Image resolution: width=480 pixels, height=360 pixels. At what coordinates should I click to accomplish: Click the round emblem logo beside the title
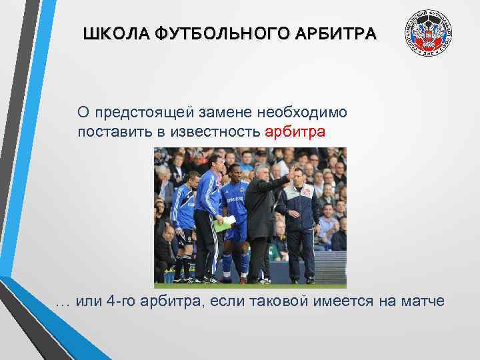(427, 33)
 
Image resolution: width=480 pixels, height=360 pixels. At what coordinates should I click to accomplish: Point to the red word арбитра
(295, 131)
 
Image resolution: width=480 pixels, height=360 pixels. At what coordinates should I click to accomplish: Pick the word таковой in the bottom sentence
(279, 301)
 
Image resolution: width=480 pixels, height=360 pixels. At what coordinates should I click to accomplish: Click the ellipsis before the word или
(63, 303)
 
